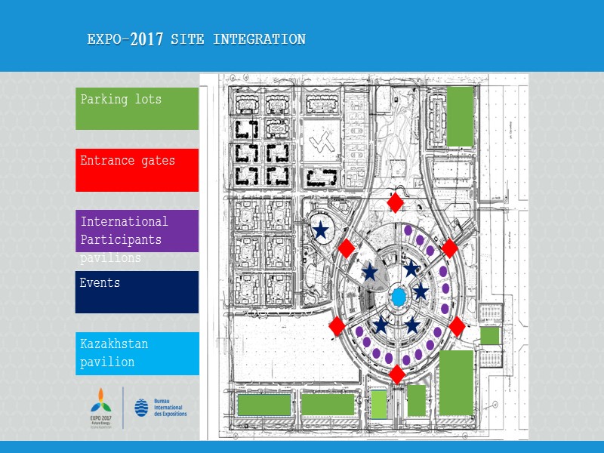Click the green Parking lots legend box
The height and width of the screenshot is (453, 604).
coord(137,108)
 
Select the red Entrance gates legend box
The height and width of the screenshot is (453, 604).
coord(137,170)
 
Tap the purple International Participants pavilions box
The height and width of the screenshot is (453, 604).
coord(137,231)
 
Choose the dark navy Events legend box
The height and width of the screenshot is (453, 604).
coord(137,292)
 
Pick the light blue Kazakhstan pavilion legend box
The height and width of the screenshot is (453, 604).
coord(137,353)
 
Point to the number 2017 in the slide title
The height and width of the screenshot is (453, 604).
coord(146,40)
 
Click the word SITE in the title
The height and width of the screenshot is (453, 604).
coord(188,39)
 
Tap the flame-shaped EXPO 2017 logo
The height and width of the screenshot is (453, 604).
coord(101,401)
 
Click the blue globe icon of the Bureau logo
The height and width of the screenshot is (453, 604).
coord(142,408)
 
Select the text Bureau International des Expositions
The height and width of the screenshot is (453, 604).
coord(170,408)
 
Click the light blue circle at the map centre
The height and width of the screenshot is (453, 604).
coord(398,296)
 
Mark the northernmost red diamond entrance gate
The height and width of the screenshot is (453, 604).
coord(395,202)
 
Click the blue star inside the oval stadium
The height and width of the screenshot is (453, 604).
coord(321,230)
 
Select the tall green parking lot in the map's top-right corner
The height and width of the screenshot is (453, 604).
coord(460,116)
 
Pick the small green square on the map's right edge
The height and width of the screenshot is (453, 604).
coord(490,335)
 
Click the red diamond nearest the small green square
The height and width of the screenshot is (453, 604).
coord(457,326)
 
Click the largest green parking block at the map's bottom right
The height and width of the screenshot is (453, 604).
coord(456,382)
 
